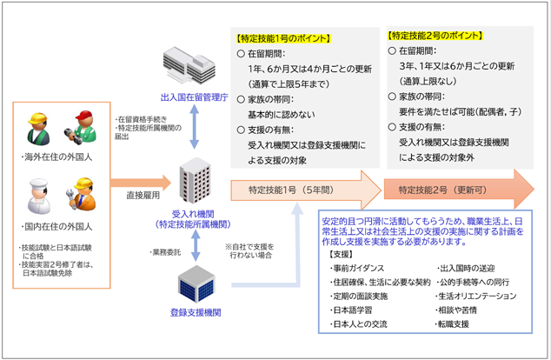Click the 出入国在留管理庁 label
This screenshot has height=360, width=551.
coord(194,98)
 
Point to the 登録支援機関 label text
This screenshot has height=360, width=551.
coord(194,314)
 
